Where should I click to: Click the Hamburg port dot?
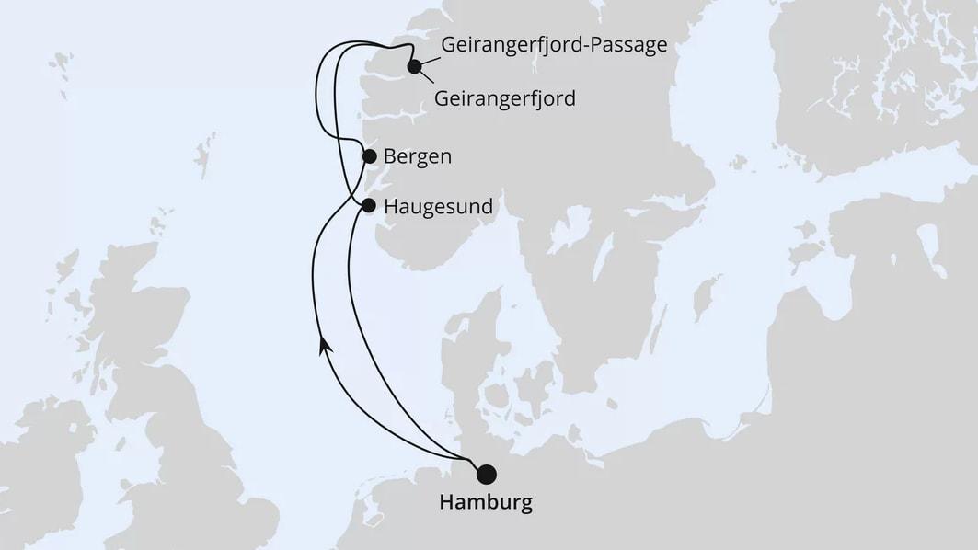[486, 474]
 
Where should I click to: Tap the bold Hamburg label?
[486, 503]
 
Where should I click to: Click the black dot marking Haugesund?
[369, 205]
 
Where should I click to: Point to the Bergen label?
[417, 156]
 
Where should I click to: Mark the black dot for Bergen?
[369, 156]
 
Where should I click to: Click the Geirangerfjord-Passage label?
[554, 45]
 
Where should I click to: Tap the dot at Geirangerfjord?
[415, 66]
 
